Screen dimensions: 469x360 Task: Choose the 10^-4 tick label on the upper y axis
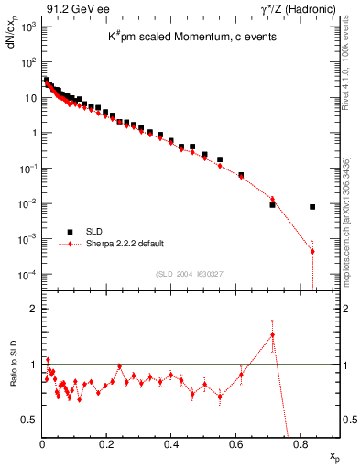[x=28, y=275]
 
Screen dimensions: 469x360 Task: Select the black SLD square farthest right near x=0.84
[x=312, y=207]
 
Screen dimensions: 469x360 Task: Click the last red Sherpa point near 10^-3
[x=312, y=251]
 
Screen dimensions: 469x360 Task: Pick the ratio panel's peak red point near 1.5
[x=272, y=335]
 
